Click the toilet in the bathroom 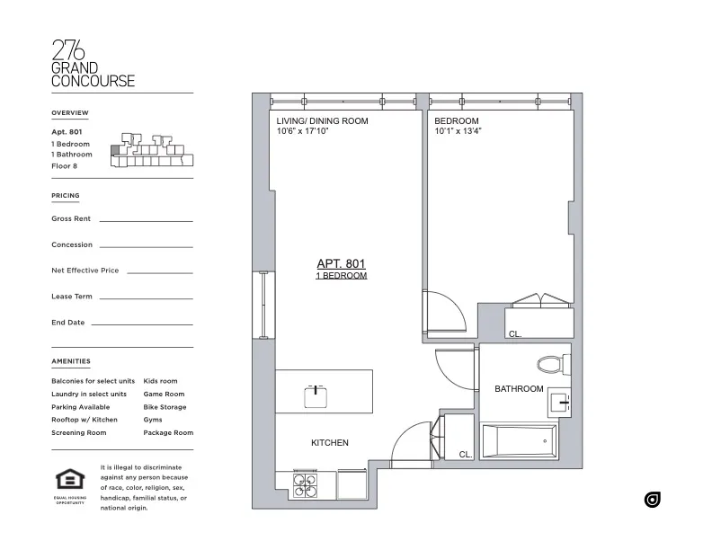point(549,365)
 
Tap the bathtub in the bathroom point(520,442)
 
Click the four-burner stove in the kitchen point(305,486)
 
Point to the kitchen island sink point(316,392)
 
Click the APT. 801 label point(342,263)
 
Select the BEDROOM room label point(456,120)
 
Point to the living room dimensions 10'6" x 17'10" point(316,131)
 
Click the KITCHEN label point(329,443)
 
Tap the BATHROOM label point(519,389)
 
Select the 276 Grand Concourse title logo point(93,65)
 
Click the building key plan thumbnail point(150,151)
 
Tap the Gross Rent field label point(71,218)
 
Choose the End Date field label point(68,322)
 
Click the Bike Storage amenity point(165,407)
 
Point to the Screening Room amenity point(79,433)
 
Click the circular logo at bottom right point(652,500)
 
